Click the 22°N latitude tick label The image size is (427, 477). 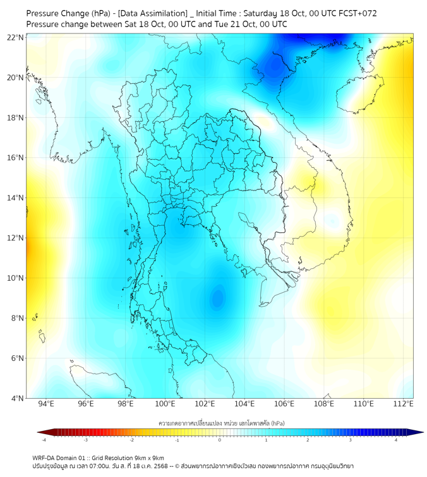point(16,38)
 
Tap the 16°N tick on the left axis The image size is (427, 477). point(16,158)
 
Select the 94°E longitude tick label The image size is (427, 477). point(46,404)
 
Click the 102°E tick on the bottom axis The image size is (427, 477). point(205,404)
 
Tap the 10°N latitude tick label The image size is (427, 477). point(16,278)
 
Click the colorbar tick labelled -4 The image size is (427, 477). point(44,439)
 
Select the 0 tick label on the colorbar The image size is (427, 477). point(220,439)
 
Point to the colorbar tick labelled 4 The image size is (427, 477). point(396,439)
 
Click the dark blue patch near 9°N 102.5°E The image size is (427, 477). point(218,297)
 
